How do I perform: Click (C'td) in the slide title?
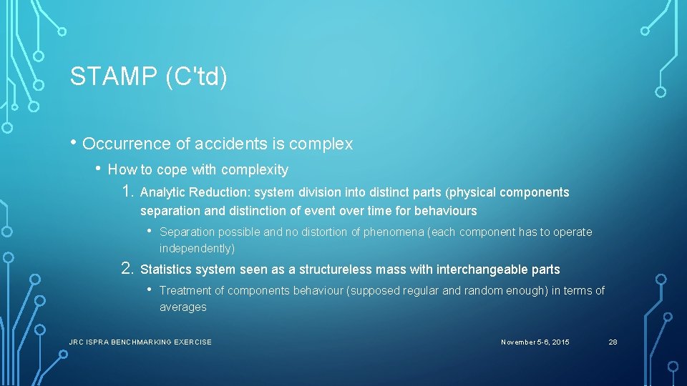click(x=195, y=76)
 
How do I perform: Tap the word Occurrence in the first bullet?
click(x=127, y=144)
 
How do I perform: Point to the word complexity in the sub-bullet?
click(x=255, y=170)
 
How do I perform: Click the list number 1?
click(x=127, y=192)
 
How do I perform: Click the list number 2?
click(x=127, y=269)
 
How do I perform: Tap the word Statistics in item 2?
click(x=167, y=269)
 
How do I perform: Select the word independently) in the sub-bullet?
click(x=197, y=248)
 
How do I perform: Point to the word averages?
click(x=182, y=307)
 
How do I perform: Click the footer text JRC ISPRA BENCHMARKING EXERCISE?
click(x=140, y=342)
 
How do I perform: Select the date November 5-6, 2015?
click(x=535, y=342)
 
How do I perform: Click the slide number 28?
click(x=613, y=342)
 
